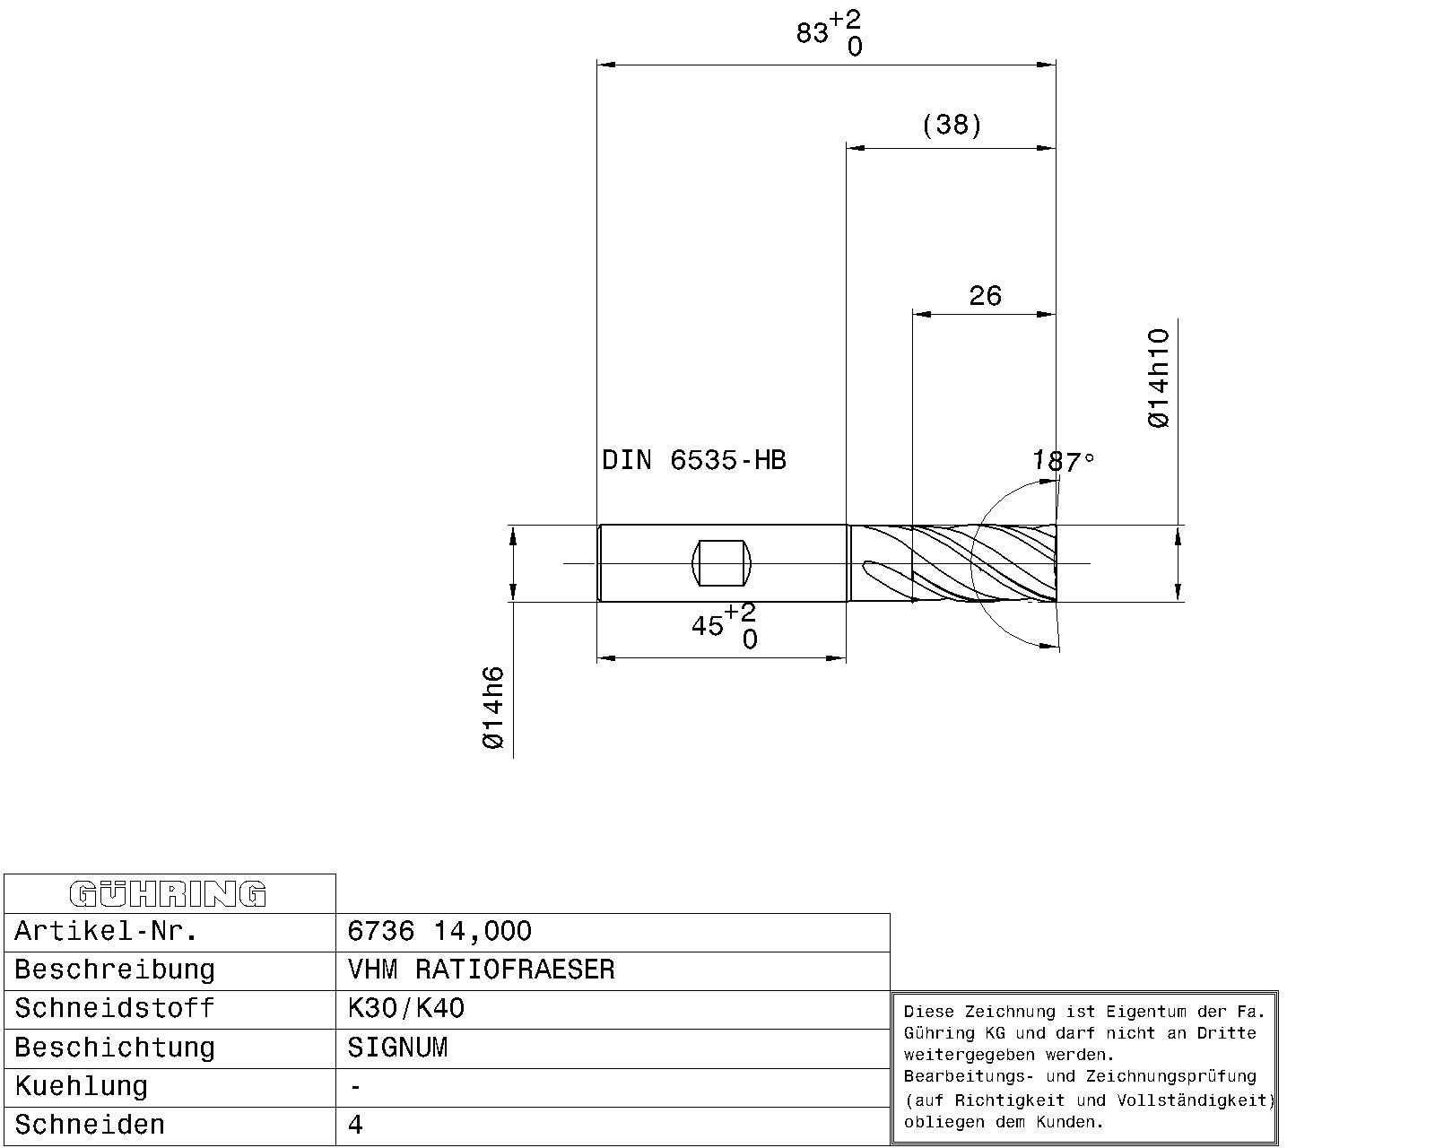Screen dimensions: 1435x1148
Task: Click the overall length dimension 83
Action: pyautogui.click(x=813, y=32)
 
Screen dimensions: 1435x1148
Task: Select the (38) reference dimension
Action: pyautogui.click(x=952, y=125)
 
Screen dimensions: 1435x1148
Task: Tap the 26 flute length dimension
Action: pyautogui.click(x=985, y=295)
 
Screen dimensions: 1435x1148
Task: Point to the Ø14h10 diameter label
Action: pyautogui.click(x=1159, y=378)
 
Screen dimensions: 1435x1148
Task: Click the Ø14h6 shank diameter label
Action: pyautogui.click(x=493, y=708)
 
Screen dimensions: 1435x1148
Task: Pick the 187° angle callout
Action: pyautogui.click(x=1063, y=461)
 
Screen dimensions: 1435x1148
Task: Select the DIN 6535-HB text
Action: pyautogui.click(x=694, y=460)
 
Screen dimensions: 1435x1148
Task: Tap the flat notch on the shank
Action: pyautogui.click(x=721, y=563)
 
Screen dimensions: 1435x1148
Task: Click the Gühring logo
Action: pyautogui.click(x=168, y=894)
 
